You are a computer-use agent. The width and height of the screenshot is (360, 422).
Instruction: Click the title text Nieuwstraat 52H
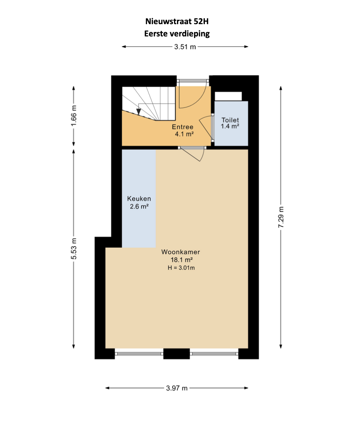pyautogui.click(x=177, y=21)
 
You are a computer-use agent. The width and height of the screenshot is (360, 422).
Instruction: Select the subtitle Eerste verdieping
pyautogui.click(x=177, y=34)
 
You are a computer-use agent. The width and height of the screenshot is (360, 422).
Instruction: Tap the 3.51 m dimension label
pyautogui.click(x=185, y=47)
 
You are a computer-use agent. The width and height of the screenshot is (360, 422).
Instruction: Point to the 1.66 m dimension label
pyautogui.click(x=73, y=116)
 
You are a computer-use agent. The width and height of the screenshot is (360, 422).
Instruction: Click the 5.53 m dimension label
pyautogui.click(x=73, y=249)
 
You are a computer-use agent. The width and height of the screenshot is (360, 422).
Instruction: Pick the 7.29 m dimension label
pyautogui.click(x=281, y=217)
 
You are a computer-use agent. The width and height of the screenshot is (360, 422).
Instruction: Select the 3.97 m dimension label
pyautogui.click(x=177, y=388)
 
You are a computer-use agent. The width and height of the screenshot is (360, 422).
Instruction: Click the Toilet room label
pyautogui.click(x=230, y=120)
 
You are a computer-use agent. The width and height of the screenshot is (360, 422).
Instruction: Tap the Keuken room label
pyautogui.click(x=139, y=199)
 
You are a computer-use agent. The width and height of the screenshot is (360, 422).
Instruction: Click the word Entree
pyautogui.click(x=183, y=127)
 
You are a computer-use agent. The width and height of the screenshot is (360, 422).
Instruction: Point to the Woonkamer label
pyautogui.click(x=181, y=252)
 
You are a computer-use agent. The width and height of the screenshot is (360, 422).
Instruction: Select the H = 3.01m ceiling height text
pyautogui.click(x=181, y=268)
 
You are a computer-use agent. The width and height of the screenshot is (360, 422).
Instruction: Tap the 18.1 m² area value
pyautogui.click(x=181, y=260)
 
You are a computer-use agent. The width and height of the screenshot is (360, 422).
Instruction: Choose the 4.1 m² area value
pyautogui.click(x=184, y=134)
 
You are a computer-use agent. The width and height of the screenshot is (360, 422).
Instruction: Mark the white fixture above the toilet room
pyautogui.click(x=228, y=96)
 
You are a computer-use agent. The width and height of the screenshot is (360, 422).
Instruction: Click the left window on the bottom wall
pyautogui.click(x=139, y=354)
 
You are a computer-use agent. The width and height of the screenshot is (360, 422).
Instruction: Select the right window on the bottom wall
pyautogui.click(x=214, y=354)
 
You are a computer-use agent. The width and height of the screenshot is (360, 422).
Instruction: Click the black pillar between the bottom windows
pyautogui.click(x=177, y=354)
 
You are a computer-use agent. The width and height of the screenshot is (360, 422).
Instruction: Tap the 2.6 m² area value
pyautogui.click(x=139, y=207)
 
